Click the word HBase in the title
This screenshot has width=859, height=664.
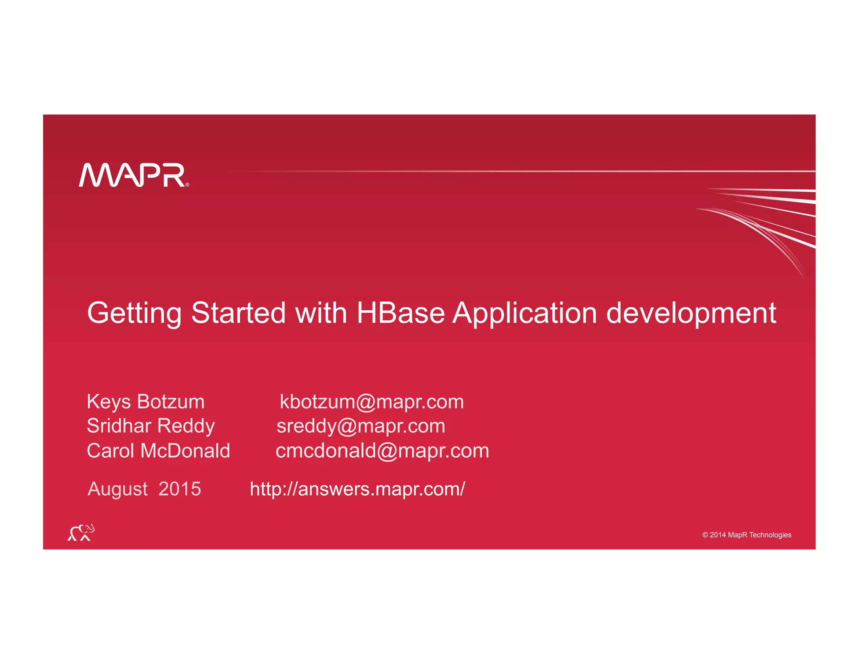pyautogui.click(x=400, y=313)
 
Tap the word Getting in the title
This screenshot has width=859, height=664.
pyautogui.click(x=134, y=313)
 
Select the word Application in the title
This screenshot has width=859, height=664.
pyautogui.click(x=524, y=313)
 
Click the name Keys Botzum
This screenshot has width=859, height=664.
pyautogui.click(x=146, y=402)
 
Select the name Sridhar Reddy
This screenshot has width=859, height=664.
pyautogui.click(x=151, y=426)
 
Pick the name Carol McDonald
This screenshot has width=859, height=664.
pyautogui.click(x=158, y=451)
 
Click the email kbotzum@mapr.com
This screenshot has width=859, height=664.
pyautogui.click(x=372, y=402)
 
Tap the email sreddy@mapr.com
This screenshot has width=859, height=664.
pyautogui.click(x=361, y=426)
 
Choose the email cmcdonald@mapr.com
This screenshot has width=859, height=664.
pyautogui.click(x=382, y=451)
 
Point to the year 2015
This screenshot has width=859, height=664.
pyautogui.click(x=180, y=489)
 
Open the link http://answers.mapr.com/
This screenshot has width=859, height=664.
pyautogui.click(x=357, y=489)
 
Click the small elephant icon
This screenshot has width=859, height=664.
pyautogui.click(x=81, y=533)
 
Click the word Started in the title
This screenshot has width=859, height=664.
pyautogui.click(x=238, y=313)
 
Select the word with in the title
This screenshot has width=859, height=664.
pyautogui.click(x=321, y=313)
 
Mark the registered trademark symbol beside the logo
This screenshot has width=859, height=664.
pyautogui.click(x=187, y=184)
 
